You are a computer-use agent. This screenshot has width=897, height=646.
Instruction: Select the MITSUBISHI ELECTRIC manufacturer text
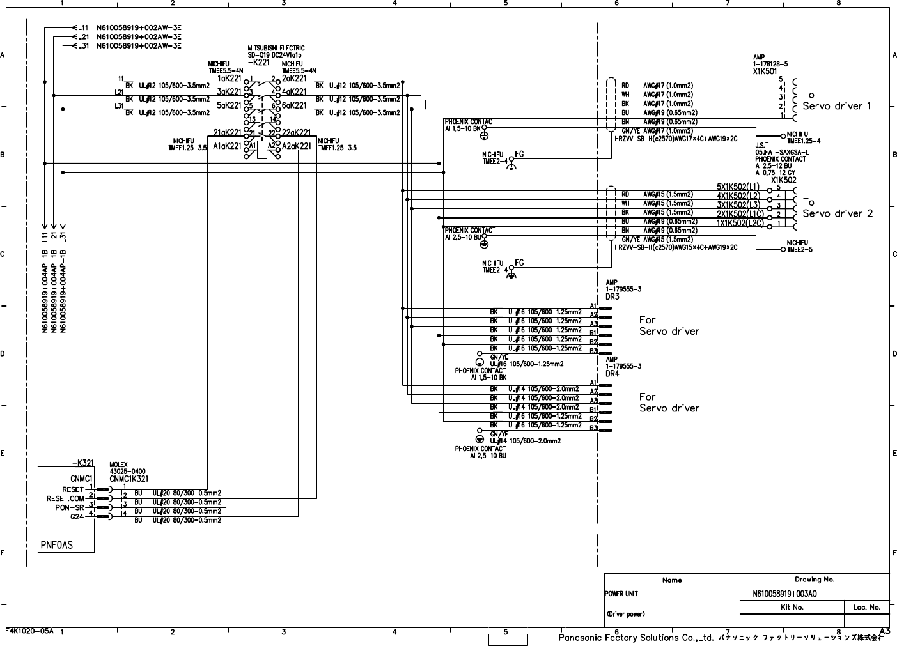click(276, 48)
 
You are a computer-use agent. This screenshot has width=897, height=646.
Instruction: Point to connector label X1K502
click(783, 180)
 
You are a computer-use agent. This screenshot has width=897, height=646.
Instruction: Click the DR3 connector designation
click(612, 296)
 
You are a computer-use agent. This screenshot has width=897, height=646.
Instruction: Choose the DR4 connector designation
click(612, 373)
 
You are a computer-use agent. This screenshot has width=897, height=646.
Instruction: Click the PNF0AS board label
click(57, 545)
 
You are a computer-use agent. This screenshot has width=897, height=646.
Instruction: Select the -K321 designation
click(82, 463)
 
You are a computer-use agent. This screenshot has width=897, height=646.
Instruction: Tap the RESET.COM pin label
click(65, 498)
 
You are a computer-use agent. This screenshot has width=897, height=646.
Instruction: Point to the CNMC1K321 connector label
click(129, 478)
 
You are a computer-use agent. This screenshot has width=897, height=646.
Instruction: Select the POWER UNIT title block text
click(621, 594)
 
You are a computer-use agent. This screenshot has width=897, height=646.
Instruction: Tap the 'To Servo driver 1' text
click(836, 100)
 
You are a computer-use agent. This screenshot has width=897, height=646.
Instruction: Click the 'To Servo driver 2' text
click(837, 208)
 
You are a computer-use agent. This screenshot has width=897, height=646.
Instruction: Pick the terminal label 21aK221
click(228, 132)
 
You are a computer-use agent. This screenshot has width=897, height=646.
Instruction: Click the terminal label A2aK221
click(297, 146)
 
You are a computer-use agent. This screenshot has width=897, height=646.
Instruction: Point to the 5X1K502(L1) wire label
click(738, 187)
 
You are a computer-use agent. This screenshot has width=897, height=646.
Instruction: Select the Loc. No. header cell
click(866, 607)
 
